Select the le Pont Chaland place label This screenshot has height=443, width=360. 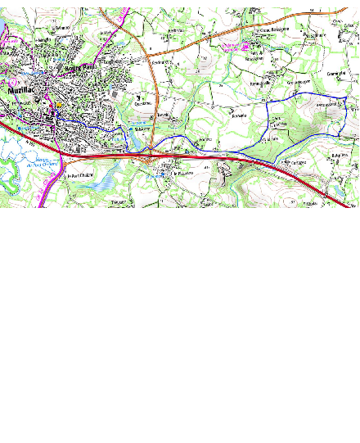click(x=83, y=174)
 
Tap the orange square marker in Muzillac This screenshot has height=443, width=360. click(x=59, y=106)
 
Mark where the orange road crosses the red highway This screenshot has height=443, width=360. click(x=152, y=151)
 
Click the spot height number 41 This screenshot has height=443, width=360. click(x=207, y=167)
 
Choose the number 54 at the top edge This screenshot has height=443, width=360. click(x=311, y=10)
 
